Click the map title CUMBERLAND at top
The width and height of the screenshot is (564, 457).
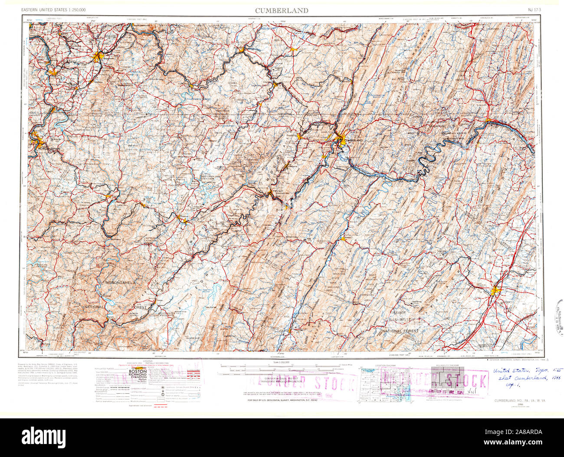click(282, 10)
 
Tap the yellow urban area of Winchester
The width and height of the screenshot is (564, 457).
click(495, 292)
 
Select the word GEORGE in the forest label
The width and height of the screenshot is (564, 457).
click(398, 312)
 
